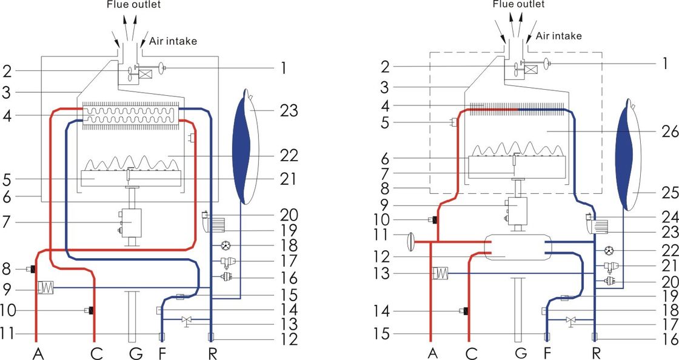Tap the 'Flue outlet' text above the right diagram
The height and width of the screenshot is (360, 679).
click(x=518, y=4)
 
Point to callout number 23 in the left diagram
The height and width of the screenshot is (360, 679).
click(x=290, y=111)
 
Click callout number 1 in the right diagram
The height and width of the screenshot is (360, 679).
click(x=664, y=63)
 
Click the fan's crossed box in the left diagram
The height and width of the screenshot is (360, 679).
click(x=145, y=75)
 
